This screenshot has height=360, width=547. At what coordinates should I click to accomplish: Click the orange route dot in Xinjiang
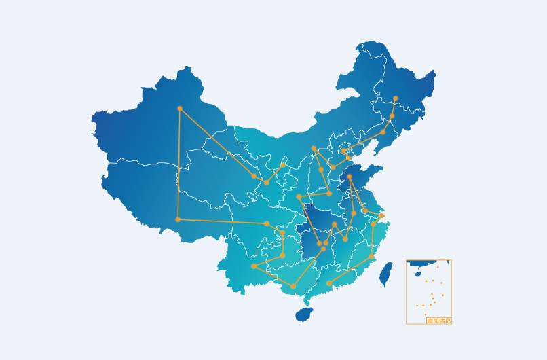(180, 109)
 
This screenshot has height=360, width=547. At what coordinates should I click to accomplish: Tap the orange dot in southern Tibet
(178, 219)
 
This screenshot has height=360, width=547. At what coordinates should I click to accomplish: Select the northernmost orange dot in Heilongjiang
(396, 98)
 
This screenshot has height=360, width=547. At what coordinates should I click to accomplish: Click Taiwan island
(385, 274)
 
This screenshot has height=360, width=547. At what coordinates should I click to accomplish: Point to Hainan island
(305, 314)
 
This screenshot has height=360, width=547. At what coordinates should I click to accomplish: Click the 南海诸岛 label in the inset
(438, 320)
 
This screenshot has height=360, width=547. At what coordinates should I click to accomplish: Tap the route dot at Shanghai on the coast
(382, 216)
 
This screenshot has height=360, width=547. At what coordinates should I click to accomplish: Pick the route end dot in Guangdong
(329, 283)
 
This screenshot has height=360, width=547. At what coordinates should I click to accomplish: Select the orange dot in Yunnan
(254, 266)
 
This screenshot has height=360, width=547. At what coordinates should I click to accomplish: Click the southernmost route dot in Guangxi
(293, 287)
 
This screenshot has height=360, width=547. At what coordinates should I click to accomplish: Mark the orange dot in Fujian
(371, 256)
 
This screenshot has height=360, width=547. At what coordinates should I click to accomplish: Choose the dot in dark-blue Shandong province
(350, 177)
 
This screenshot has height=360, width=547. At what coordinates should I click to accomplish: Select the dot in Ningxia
(283, 165)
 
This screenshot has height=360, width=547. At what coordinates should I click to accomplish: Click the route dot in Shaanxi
(299, 197)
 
